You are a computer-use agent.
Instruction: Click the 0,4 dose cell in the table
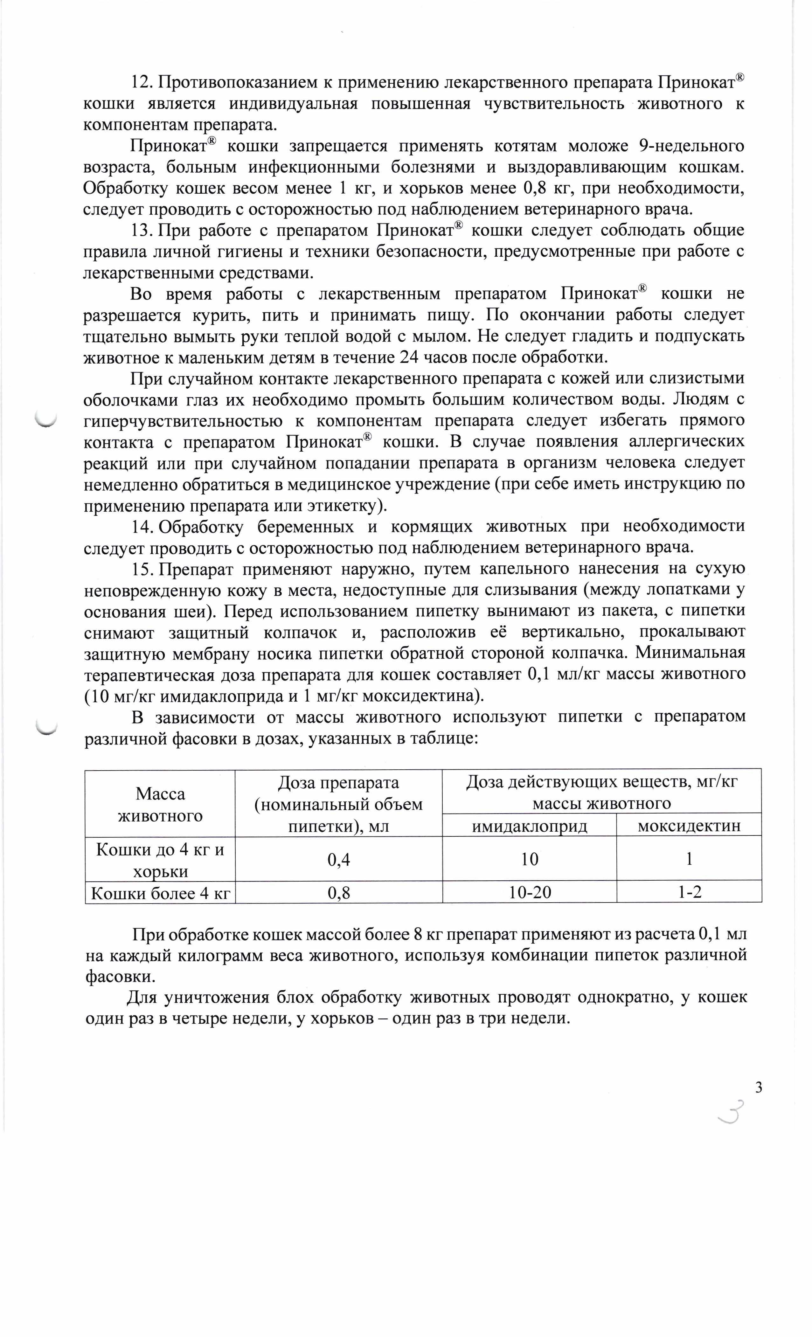339,860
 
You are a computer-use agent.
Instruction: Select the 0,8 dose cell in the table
339,893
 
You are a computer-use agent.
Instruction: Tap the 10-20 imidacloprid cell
530,893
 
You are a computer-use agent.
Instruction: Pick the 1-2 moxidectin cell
689,893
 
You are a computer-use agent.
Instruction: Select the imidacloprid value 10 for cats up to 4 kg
530,860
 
